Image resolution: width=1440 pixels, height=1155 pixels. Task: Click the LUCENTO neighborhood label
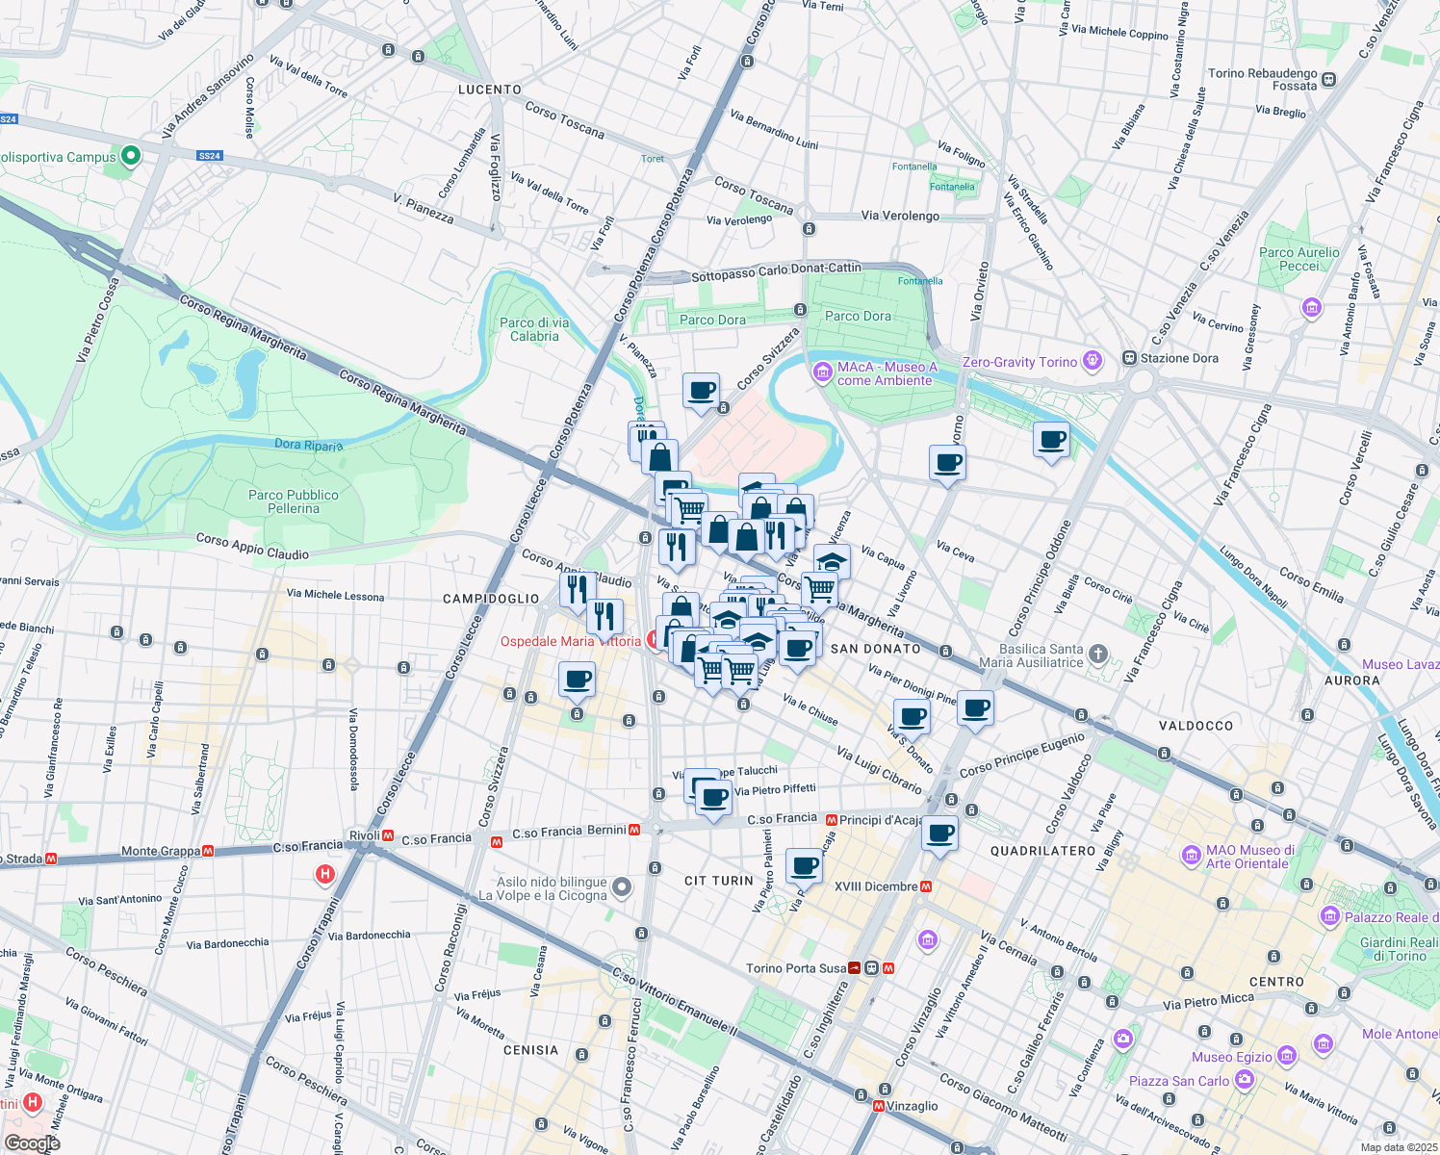click(490, 90)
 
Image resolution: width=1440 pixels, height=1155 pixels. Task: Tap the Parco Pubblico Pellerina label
click(294, 501)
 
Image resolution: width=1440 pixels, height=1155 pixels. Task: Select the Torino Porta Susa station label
click(796, 968)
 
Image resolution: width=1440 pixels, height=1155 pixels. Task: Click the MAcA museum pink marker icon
click(822, 372)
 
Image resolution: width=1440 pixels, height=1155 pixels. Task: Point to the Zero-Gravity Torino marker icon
click(1092, 361)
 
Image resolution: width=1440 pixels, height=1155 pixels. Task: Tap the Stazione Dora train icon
click(1129, 358)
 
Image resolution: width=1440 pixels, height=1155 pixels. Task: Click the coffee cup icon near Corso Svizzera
click(701, 391)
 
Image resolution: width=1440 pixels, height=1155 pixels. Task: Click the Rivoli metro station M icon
click(389, 836)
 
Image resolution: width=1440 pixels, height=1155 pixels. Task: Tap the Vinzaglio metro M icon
click(878, 1107)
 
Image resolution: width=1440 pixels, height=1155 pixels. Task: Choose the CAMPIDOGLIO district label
click(491, 599)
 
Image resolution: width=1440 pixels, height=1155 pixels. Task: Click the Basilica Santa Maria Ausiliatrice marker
click(1098, 655)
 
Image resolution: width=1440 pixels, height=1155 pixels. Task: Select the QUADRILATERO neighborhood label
click(1042, 851)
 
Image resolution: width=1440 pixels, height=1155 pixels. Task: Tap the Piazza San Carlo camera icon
click(1245, 1080)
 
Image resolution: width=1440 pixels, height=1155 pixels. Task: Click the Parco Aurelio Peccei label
click(1299, 259)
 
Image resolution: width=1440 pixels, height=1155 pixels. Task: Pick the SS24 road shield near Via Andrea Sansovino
click(209, 156)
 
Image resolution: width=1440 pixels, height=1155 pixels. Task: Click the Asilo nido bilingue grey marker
click(623, 887)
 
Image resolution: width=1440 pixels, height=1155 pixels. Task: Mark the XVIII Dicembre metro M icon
click(926, 886)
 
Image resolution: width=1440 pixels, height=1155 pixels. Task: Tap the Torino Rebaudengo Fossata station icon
click(1329, 80)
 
